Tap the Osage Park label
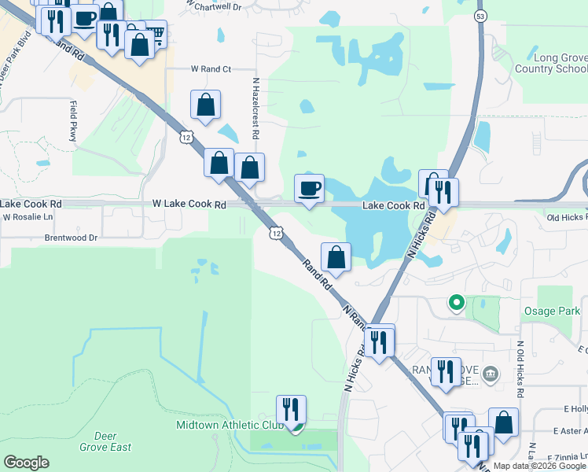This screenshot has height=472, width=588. tap(552, 311)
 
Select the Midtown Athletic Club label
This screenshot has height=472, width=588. tap(229, 426)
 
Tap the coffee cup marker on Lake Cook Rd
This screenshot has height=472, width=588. tap(309, 189)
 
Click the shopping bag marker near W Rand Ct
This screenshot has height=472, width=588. tap(205, 105)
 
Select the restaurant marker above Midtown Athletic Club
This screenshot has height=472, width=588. tap(291, 410)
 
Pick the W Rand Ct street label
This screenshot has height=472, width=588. tap(211, 69)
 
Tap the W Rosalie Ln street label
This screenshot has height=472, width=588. tap(28, 216)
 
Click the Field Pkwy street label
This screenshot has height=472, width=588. tap(73, 120)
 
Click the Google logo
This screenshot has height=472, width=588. tap(26, 463)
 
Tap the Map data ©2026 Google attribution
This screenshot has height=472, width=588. tap(539, 466)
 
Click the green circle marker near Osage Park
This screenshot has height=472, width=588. tap(455, 301)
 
